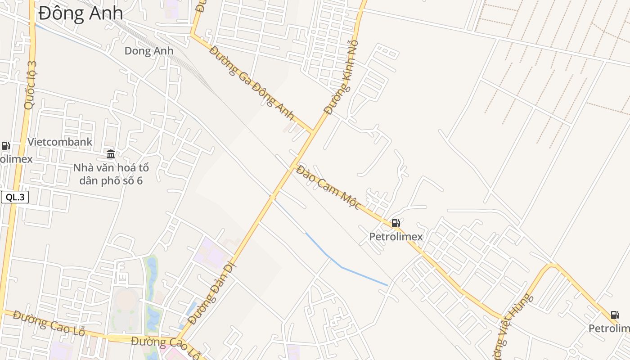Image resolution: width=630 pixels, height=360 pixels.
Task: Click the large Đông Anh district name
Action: point(81,13)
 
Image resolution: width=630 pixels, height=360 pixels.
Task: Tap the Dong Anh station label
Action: point(148,51)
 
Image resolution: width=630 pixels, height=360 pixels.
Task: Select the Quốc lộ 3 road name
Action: point(30,85)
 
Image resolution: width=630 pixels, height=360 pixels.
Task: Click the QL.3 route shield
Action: point(15,197)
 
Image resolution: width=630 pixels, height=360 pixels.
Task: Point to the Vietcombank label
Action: point(60,142)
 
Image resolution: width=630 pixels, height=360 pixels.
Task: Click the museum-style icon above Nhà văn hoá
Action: point(111,154)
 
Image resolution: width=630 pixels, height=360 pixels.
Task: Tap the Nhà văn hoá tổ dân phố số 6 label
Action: point(111,174)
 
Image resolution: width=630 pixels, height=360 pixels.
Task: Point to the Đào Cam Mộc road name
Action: point(328,187)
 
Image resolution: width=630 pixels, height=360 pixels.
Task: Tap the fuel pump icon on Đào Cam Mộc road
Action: point(396,223)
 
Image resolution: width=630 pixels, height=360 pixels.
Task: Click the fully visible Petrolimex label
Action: point(396,237)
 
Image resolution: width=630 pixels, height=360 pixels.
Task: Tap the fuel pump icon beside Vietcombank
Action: point(5,145)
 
